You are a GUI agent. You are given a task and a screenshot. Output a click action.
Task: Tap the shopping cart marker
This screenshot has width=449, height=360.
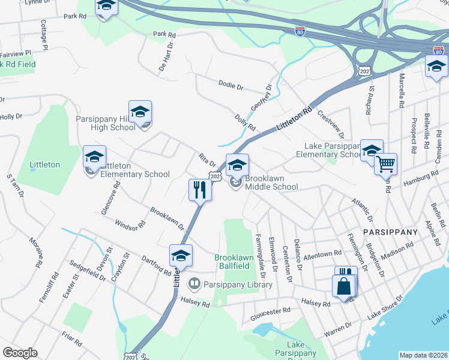click(x=385, y=164)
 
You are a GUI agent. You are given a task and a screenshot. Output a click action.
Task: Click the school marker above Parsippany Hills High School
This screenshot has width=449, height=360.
click(x=140, y=112)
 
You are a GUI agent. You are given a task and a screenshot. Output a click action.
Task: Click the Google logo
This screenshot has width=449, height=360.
click(x=20, y=352)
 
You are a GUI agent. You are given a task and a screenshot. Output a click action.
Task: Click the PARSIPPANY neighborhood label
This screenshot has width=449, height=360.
click(x=389, y=232)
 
